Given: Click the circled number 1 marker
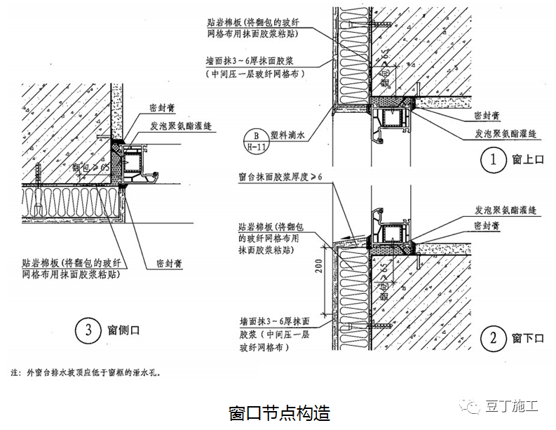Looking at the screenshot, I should click(493, 160).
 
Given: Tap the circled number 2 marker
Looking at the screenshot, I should click(493, 339).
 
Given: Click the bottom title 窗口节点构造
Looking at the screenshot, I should click(278, 412).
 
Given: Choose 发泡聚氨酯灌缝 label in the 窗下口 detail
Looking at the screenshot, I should click(506, 210).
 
